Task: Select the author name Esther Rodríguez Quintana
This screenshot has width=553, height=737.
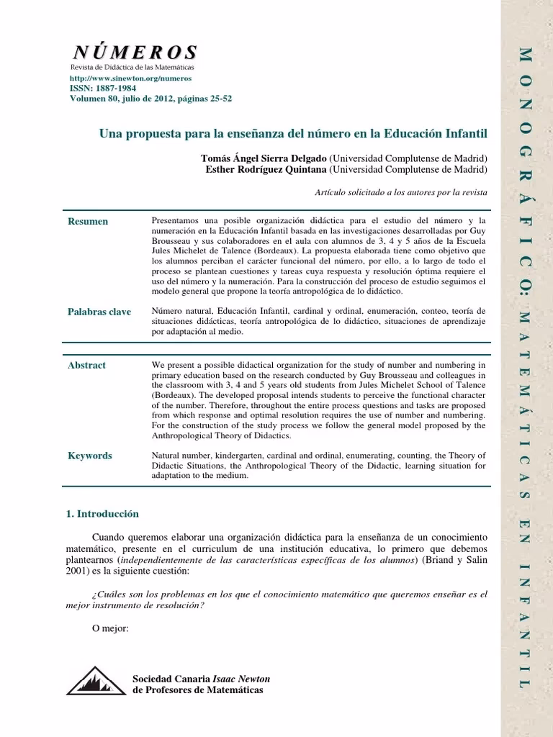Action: pos(266,169)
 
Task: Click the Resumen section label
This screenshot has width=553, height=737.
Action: pos(88,221)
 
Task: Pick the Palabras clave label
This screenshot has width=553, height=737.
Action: pos(99,312)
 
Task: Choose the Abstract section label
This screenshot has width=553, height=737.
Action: pos(86,365)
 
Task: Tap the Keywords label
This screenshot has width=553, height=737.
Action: pos(90,456)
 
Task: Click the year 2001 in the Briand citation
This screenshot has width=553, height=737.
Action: pos(74,571)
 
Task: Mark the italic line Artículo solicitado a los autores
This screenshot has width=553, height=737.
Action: pos(401,193)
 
